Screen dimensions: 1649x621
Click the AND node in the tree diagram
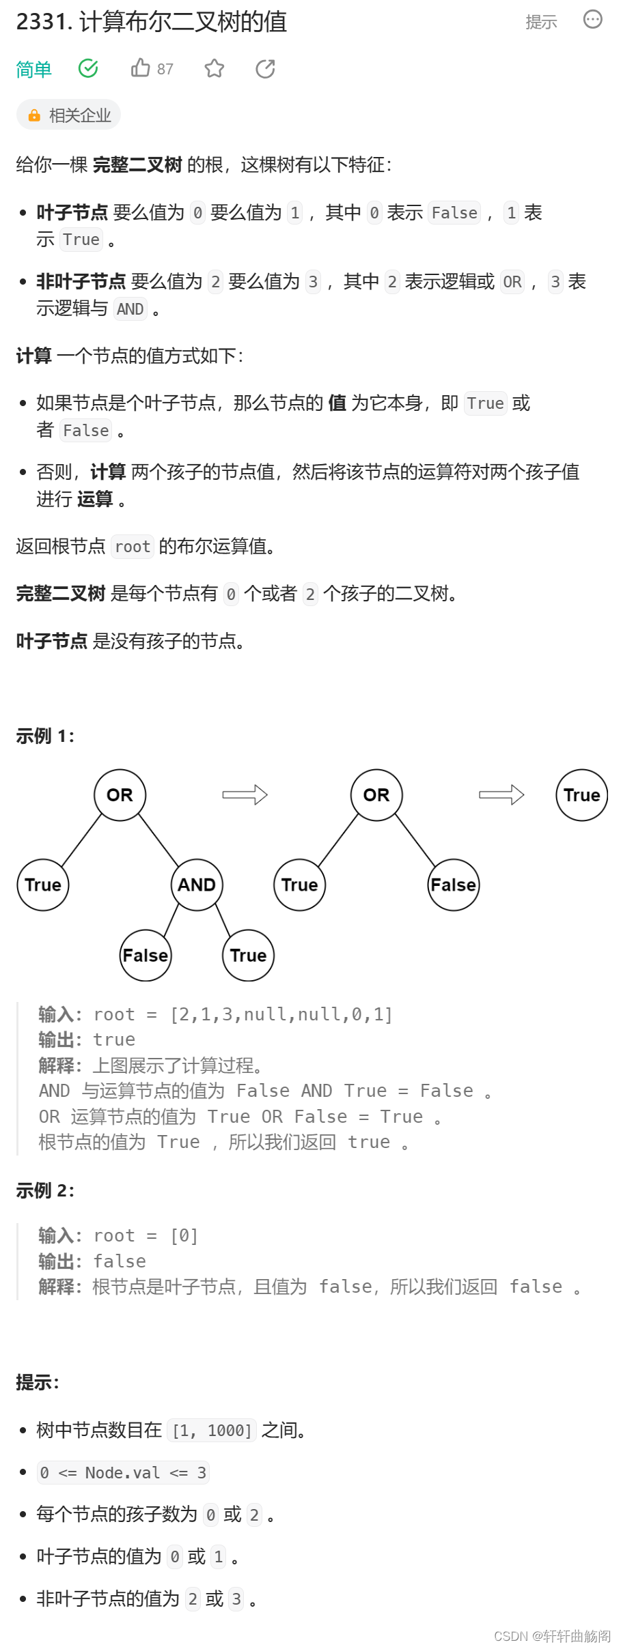(x=197, y=885)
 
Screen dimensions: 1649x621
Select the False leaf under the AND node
(x=146, y=955)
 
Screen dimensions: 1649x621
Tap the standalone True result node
(x=581, y=795)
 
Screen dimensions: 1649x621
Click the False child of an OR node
(x=454, y=885)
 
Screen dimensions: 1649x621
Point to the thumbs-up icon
(x=141, y=68)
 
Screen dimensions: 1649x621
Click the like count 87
(x=165, y=69)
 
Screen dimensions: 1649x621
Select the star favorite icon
(x=215, y=68)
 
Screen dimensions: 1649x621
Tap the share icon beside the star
(x=265, y=68)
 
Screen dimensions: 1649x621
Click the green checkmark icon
(x=88, y=68)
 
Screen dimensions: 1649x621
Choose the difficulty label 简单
(x=34, y=69)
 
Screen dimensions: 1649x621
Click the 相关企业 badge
(x=69, y=115)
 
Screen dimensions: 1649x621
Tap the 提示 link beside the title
(x=541, y=23)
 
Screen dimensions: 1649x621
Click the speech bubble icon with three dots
(x=592, y=20)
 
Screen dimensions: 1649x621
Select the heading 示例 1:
(x=45, y=736)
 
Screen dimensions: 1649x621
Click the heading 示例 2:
(x=45, y=1190)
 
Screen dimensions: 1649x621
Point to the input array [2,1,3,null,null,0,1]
(x=281, y=1014)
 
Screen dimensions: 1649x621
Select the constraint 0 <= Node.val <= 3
(x=123, y=1472)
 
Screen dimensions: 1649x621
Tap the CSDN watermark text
(x=552, y=1636)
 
